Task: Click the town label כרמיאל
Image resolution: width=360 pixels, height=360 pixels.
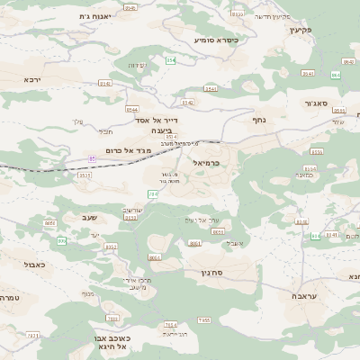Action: pos(207,163)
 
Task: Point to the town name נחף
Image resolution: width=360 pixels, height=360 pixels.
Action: pos(258,118)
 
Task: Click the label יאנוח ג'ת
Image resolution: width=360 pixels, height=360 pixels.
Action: pos(94,16)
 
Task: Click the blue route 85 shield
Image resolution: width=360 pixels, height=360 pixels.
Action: pos(92,157)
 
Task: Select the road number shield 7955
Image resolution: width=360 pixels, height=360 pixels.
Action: pos(204,319)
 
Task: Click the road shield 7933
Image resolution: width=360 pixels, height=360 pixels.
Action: pos(33,335)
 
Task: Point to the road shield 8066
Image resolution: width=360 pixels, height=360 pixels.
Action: pos(154,257)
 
